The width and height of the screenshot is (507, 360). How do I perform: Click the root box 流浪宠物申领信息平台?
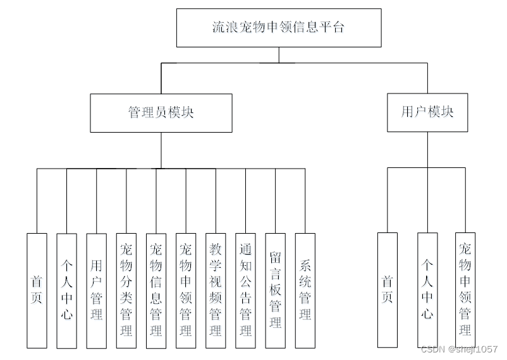279,28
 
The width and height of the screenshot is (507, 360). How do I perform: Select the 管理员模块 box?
161,112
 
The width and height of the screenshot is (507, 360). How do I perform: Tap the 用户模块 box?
427,112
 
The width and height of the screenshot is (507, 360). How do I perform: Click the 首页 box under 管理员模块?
37,291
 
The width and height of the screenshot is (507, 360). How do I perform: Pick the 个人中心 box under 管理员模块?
66,291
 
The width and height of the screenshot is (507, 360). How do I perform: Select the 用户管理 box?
96,291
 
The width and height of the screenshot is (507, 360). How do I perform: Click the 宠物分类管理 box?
126,291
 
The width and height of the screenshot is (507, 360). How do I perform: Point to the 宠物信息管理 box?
156,291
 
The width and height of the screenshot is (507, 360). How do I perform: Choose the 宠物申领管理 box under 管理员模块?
186,291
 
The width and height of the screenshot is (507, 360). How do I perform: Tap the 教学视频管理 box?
216,291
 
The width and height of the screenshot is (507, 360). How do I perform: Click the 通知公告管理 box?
245,291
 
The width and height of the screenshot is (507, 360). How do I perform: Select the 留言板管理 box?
275,291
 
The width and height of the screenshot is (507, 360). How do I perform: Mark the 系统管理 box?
305,291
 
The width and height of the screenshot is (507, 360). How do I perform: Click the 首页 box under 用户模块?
388,290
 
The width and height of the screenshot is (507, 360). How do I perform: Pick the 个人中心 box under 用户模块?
427,290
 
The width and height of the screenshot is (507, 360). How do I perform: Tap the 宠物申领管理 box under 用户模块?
465,290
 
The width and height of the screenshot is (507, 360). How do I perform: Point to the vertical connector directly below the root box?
279,55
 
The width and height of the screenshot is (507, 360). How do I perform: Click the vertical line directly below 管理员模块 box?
161,150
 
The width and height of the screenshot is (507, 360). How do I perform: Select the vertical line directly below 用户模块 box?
427,150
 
